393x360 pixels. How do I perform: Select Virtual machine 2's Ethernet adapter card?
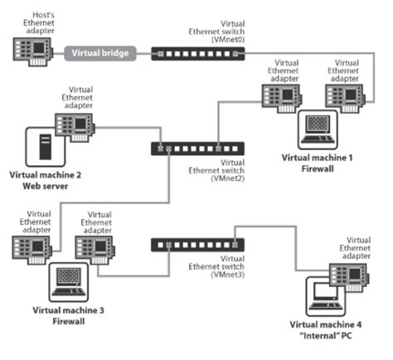74,126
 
